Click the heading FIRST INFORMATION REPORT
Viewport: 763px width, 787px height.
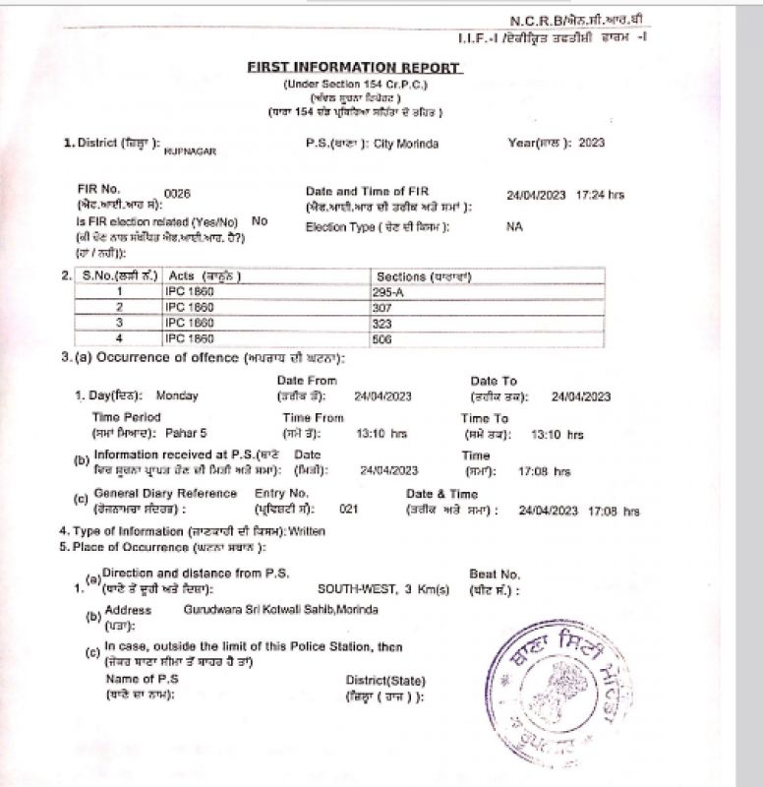pos(353,68)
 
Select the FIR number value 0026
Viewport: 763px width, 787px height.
pos(177,195)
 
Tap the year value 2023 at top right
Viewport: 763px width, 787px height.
pos(592,144)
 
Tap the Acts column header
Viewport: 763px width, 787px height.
pos(205,276)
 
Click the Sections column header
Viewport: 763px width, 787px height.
pos(424,276)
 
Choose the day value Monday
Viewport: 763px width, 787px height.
pos(177,396)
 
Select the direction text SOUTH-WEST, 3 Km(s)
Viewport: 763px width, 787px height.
pos(382,589)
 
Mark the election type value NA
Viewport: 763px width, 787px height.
pos(513,227)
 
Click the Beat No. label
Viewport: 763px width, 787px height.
pos(495,574)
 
